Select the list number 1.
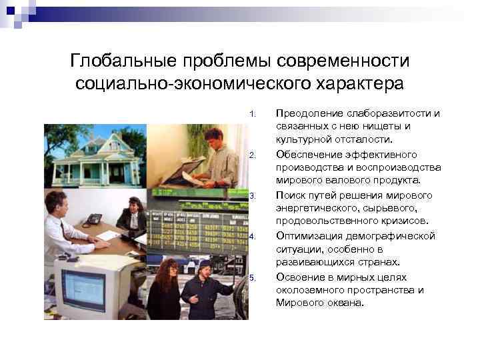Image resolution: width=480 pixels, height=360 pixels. tap(252, 113)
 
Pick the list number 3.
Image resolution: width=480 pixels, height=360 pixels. tap(252, 196)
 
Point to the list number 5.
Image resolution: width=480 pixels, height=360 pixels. tap(252, 277)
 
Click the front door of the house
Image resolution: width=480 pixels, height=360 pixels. tap(104, 173)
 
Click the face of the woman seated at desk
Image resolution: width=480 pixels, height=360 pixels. tap(133, 204)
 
